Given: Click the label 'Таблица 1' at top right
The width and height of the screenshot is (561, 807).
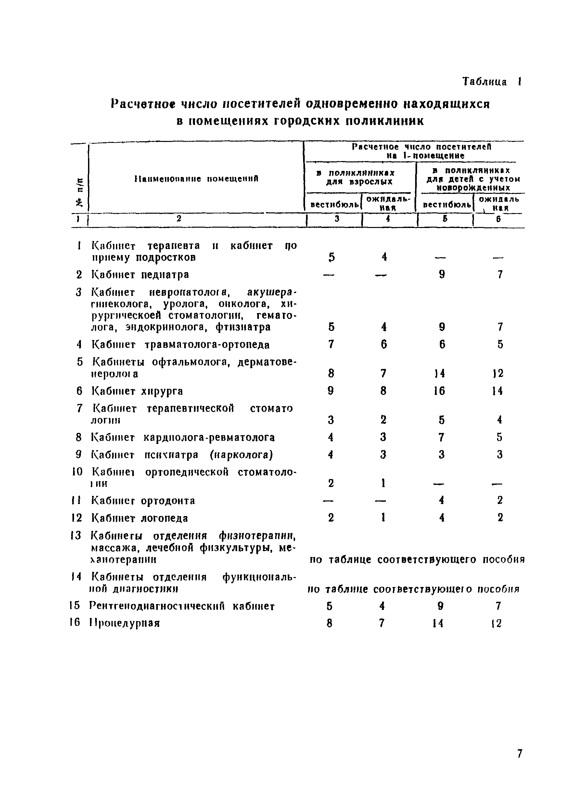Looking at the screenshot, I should (491, 82).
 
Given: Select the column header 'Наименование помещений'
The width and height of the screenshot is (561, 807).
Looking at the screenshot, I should (197, 179).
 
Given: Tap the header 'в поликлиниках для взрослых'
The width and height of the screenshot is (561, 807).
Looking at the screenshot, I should (359, 177).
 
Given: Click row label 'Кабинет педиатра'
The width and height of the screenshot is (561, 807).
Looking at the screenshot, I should (140, 274).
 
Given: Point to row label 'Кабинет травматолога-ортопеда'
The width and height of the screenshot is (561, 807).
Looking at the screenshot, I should (180, 345).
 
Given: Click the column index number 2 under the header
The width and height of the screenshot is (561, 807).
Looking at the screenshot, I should (179, 219).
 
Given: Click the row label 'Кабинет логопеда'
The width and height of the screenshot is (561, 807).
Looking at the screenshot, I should (140, 518).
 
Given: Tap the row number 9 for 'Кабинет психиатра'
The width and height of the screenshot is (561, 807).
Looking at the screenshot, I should (79, 455).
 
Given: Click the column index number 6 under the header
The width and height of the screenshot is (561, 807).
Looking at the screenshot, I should (498, 219).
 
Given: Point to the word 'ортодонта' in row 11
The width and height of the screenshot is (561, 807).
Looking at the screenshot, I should (168, 500).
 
